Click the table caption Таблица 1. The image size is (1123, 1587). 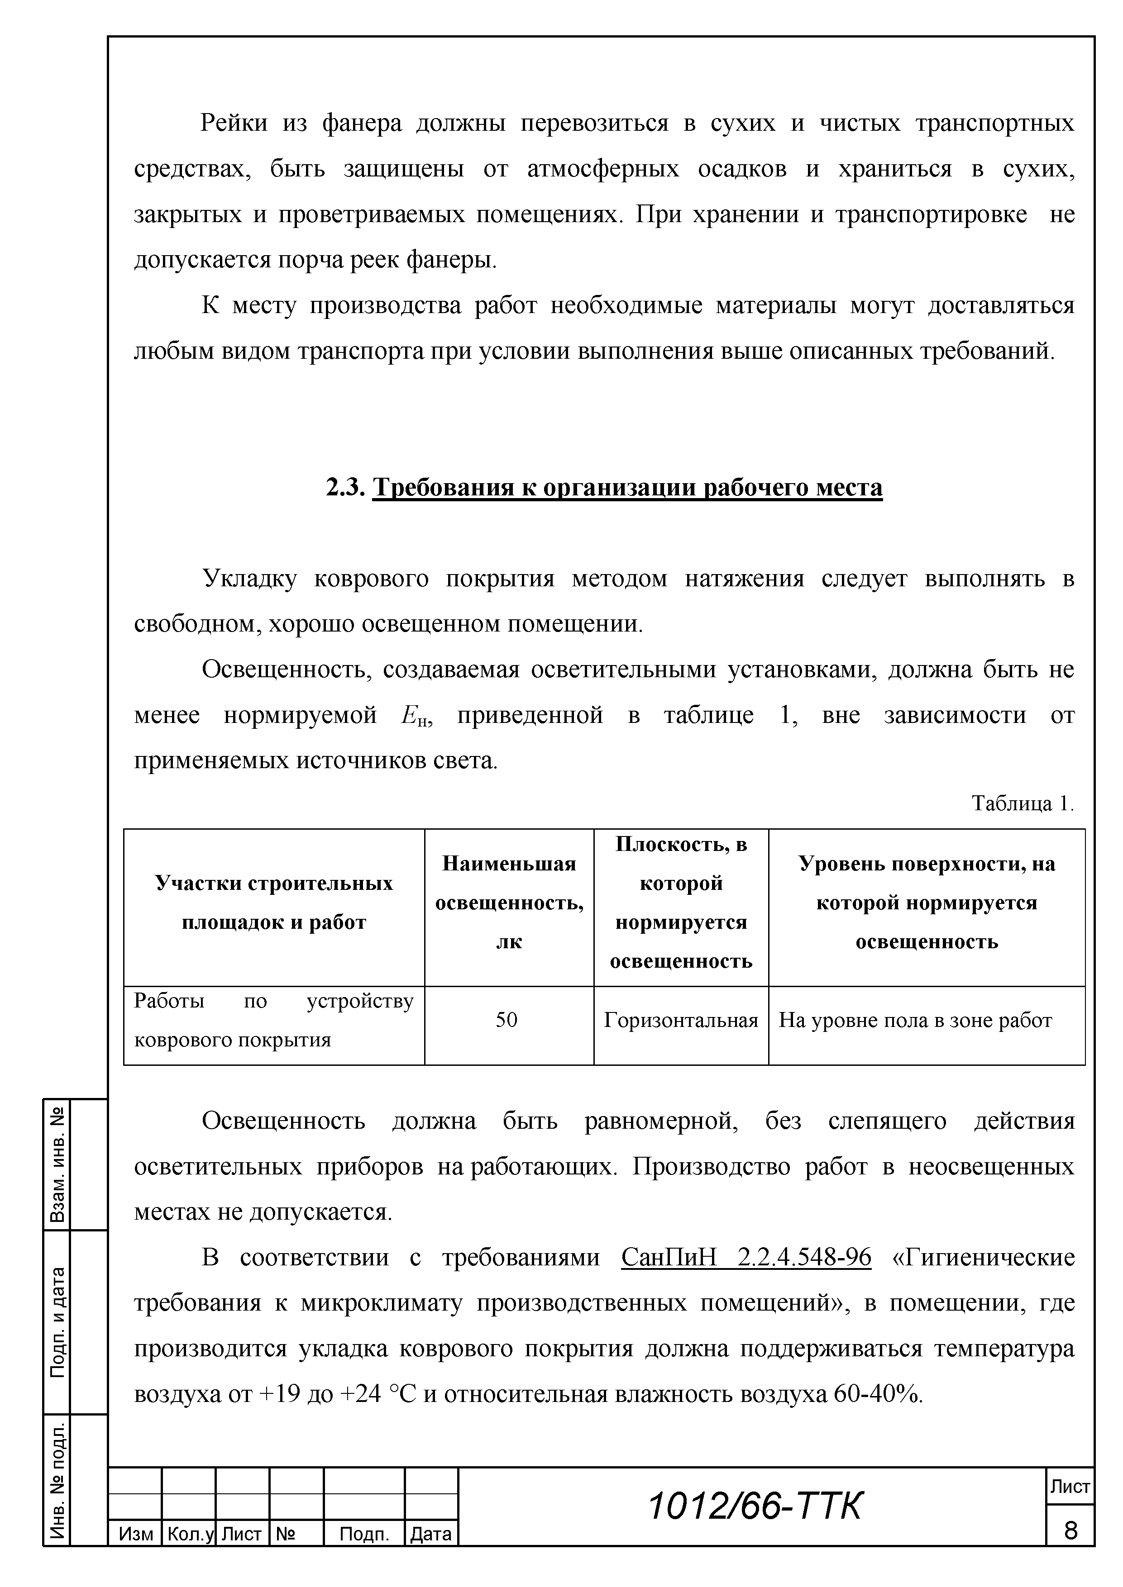(1022, 803)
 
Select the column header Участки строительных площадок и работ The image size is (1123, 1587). (274, 903)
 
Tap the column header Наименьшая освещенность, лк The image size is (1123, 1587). (509, 903)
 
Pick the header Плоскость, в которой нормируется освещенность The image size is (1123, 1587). (681, 903)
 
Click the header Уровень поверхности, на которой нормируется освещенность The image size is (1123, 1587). (927, 903)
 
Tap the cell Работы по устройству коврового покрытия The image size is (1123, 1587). (274, 1020)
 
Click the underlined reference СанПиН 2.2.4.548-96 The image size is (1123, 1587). (746, 1257)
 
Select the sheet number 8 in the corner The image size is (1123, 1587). (1070, 1530)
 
